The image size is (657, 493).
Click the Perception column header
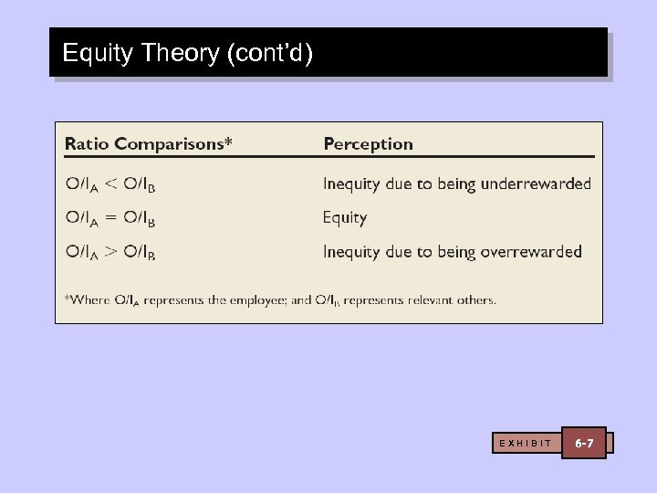369,144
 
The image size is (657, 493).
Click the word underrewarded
539,184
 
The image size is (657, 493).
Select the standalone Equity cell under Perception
345,218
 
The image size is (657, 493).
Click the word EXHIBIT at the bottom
526,444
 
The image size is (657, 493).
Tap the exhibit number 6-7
584,443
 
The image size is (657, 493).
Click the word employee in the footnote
255,299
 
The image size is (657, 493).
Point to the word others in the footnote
475,299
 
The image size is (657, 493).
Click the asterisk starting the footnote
67,297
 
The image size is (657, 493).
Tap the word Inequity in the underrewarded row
351,184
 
